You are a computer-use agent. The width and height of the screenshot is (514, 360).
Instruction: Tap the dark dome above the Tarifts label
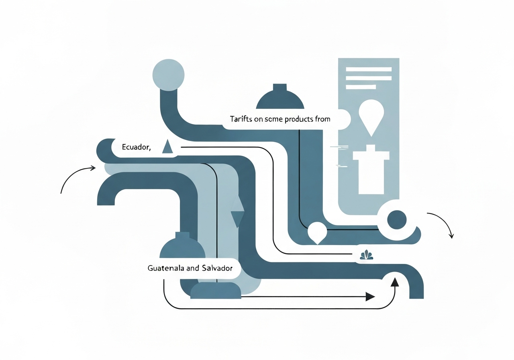[x=280, y=98]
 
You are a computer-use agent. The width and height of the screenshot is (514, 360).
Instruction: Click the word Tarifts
[x=241, y=119]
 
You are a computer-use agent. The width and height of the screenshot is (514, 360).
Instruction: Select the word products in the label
[x=300, y=119]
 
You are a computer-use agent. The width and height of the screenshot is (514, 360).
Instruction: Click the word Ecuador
[x=136, y=147]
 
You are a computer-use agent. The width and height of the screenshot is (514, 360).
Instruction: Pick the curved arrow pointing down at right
[x=442, y=223]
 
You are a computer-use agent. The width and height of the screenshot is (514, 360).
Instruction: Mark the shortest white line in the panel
[x=361, y=87]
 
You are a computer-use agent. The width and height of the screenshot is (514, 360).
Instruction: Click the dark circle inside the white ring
[x=396, y=219]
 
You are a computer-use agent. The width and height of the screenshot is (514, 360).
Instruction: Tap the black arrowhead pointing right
[x=370, y=297]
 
